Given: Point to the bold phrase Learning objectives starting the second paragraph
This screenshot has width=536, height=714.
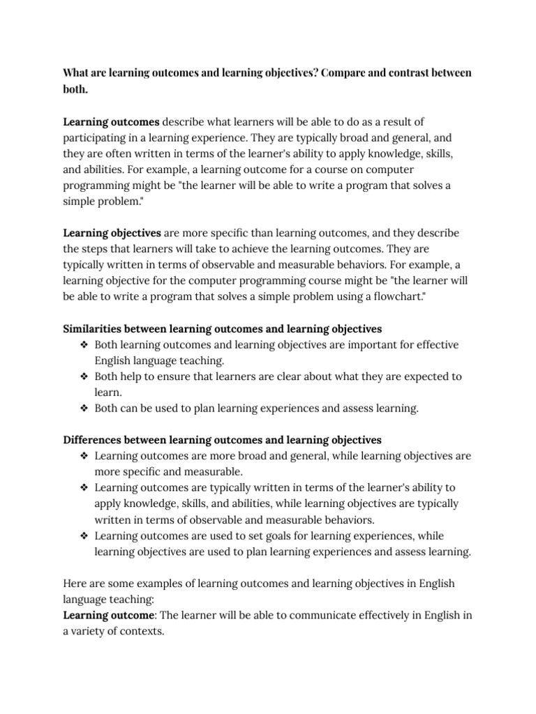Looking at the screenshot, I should click(x=112, y=232).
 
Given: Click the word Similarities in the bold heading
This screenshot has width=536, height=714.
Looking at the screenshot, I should click(x=93, y=328).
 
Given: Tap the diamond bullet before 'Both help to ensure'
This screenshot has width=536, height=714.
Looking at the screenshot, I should click(x=83, y=377).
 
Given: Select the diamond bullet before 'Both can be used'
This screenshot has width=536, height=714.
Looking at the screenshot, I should click(x=83, y=409).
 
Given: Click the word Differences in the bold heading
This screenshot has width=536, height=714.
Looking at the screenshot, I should click(x=91, y=440).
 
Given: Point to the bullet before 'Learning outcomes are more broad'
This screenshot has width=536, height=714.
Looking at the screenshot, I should click(x=83, y=456).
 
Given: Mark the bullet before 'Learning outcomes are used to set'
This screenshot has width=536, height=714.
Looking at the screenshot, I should click(x=83, y=535).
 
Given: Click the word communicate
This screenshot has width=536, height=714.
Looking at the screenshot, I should click(x=309, y=615).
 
